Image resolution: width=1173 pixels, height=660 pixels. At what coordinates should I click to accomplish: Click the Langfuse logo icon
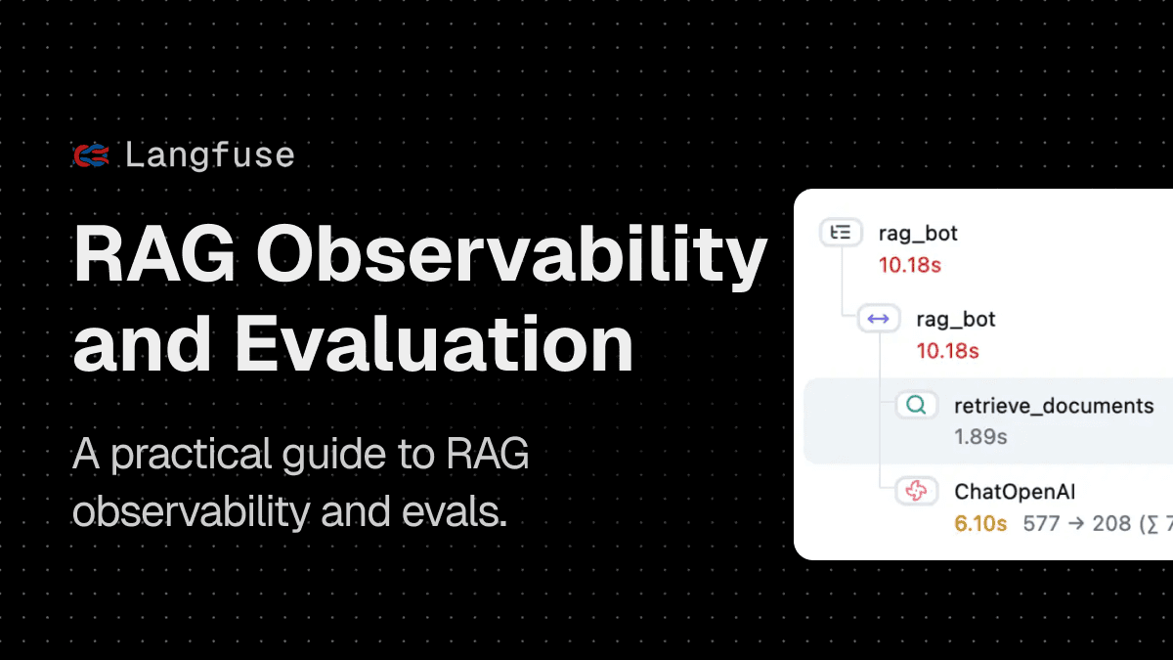pyautogui.click(x=91, y=154)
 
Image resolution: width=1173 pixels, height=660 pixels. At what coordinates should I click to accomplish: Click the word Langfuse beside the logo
pyautogui.click(x=210, y=154)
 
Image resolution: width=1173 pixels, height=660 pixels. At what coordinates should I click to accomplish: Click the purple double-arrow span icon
pyautogui.click(x=878, y=319)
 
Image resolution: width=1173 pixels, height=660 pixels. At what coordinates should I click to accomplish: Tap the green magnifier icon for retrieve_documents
pyautogui.click(x=916, y=405)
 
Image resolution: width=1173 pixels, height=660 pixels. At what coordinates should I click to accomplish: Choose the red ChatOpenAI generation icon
pyautogui.click(x=916, y=491)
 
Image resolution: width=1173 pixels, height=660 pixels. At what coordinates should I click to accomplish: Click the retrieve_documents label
pyautogui.click(x=1054, y=405)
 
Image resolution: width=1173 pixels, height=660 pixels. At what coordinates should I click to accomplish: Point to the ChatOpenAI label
pyautogui.click(x=1015, y=491)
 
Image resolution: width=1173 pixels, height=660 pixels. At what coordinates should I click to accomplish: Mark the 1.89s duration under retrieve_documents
pyautogui.click(x=980, y=436)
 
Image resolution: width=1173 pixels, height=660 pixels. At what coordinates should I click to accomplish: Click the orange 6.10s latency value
pyautogui.click(x=980, y=523)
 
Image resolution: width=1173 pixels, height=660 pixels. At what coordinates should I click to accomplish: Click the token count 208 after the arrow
pyautogui.click(x=1111, y=523)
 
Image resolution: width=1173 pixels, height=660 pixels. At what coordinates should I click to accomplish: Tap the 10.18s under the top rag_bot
pyautogui.click(x=909, y=264)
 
